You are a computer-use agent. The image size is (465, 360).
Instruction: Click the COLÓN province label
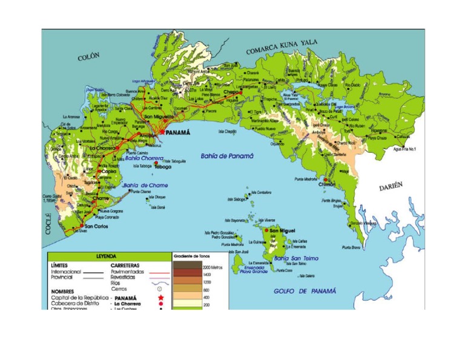click(x=88, y=57)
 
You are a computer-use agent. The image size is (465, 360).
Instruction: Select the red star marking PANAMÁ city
click(x=162, y=131)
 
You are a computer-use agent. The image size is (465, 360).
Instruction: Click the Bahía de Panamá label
click(x=227, y=156)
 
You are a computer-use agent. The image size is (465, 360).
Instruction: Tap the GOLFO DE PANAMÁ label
click(x=305, y=291)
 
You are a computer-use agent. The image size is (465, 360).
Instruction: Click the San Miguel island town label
click(x=283, y=231)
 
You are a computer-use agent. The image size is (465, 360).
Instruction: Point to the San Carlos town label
click(x=97, y=227)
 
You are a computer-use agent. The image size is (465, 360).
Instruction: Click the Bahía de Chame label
click(x=146, y=185)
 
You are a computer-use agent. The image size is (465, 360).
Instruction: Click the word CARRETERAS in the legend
click(x=125, y=265)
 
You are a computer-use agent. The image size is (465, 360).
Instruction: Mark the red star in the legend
click(x=161, y=298)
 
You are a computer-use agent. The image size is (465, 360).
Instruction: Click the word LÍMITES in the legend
click(x=60, y=265)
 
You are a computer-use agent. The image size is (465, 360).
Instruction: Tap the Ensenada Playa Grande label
click(x=254, y=269)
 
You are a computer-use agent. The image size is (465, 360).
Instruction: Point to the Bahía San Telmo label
click(x=296, y=258)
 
